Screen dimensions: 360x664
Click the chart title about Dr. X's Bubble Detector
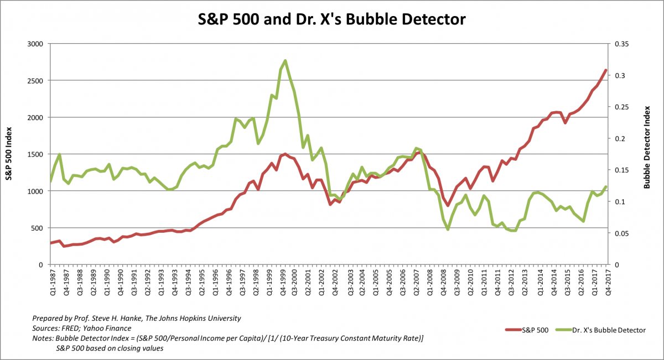(x=332, y=20)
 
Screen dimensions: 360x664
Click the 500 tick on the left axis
(x=37, y=228)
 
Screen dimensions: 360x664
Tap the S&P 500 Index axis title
(x=9, y=154)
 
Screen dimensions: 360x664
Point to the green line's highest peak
(x=285, y=60)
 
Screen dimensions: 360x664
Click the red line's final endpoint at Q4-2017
(x=606, y=70)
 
